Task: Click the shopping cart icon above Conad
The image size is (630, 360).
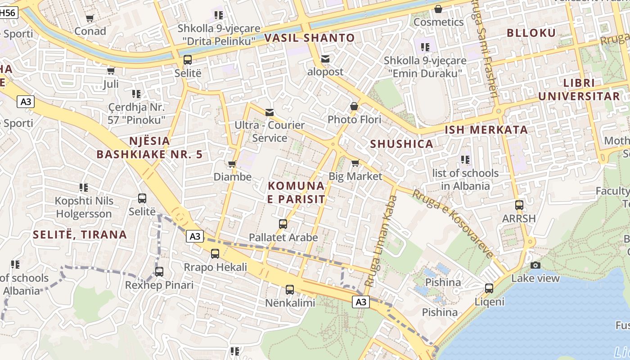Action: (x=90, y=18)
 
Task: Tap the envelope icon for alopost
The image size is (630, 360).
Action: (x=325, y=59)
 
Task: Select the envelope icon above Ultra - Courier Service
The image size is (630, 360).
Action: (x=270, y=112)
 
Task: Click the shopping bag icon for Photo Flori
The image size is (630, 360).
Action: (x=354, y=107)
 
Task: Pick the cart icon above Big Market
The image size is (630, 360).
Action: (x=355, y=163)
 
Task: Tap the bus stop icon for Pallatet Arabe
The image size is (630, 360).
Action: (x=283, y=224)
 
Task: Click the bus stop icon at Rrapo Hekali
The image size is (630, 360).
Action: (x=215, y=254)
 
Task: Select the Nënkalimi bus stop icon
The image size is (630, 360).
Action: (x=290, y=290)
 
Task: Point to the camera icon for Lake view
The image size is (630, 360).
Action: (x=535, y=265)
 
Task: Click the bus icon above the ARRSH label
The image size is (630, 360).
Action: (x=519, y=205)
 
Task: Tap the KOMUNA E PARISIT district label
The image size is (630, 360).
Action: (x=296, y=192)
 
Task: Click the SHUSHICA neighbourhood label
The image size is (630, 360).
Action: (x=401, y=144)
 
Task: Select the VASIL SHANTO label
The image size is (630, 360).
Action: (x=310, y=38)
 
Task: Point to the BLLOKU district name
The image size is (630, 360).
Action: (x=531, y=33)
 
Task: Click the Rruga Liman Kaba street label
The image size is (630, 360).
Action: (x=379, y=243)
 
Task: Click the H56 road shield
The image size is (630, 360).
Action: (x=8, y=13)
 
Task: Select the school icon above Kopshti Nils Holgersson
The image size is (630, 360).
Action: (x=84, y=187)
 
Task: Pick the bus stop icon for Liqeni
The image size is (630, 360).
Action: (x=489, y=288)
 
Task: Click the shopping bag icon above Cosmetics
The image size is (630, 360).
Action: (x=438, y=9)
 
